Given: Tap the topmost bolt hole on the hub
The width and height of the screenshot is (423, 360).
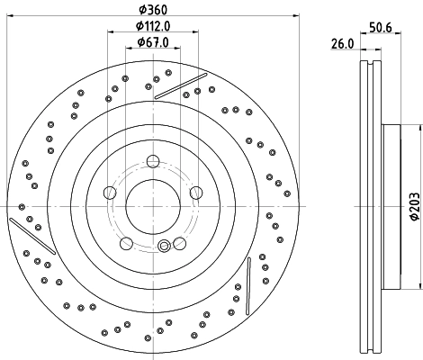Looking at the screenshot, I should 152,162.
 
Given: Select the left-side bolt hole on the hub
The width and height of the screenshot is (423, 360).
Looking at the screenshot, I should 110,193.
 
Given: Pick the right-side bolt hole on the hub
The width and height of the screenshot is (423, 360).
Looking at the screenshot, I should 194,193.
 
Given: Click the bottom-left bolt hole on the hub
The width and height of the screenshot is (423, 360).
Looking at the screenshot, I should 126,242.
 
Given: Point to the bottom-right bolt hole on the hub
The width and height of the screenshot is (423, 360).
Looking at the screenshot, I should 178,242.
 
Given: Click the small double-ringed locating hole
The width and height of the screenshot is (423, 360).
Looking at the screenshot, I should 163,248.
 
